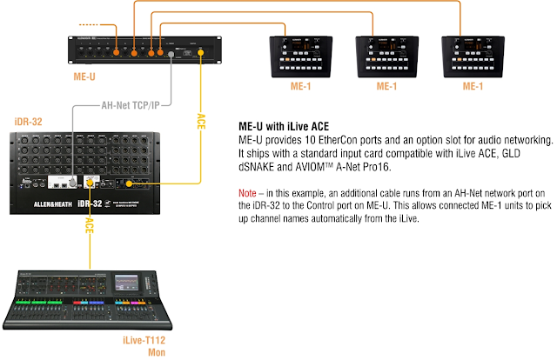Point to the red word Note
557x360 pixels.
[247, 191]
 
